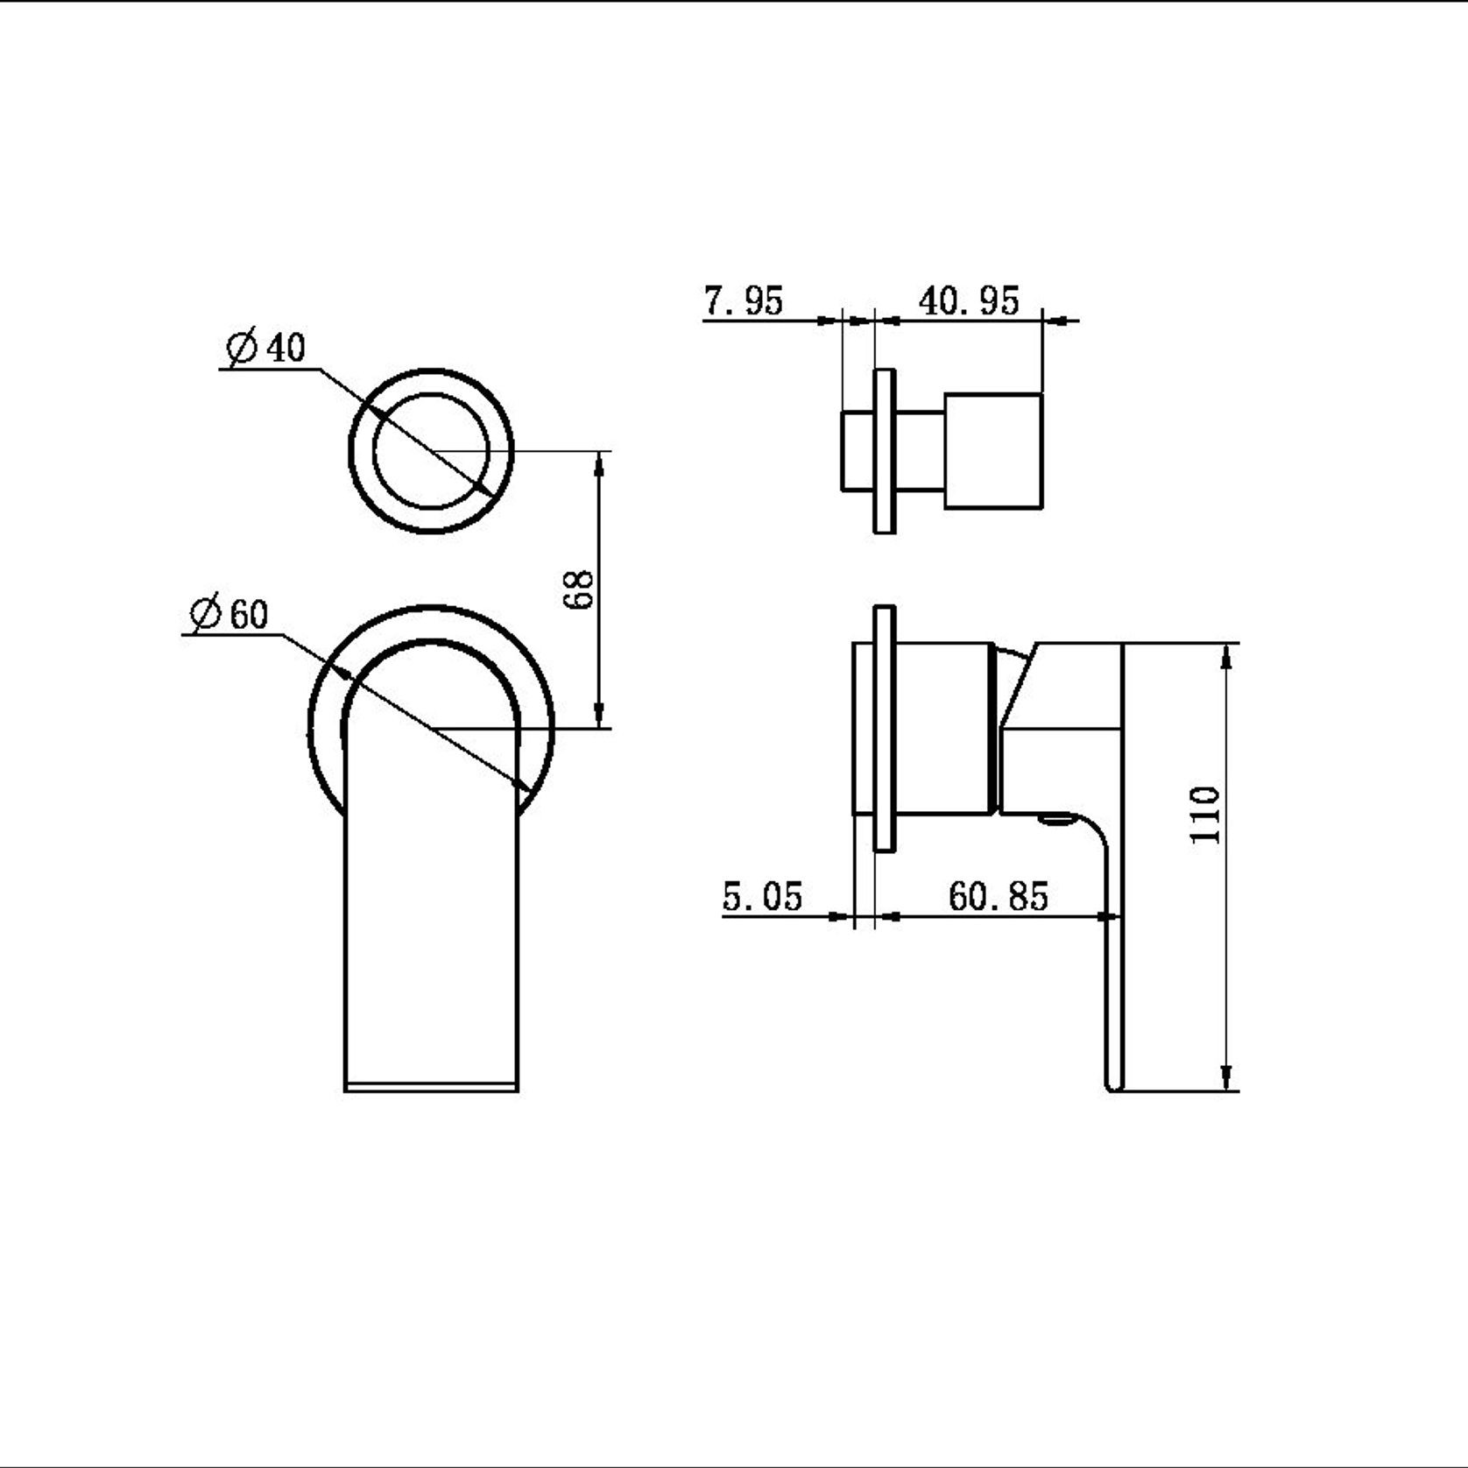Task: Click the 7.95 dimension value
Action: [743, 301]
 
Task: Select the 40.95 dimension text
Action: [969, 301]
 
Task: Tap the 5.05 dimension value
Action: [762, 897]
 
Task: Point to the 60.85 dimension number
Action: [998, 897]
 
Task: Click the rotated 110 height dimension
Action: [1206, 815]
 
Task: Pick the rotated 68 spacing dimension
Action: [581, 589]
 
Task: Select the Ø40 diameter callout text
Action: [266, 348]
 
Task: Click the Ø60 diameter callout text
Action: [229, 614]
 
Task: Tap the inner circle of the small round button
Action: [431, 449]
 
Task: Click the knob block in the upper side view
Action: [993, 451]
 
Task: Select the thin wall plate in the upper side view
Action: [885, 451]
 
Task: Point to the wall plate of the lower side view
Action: [885, 727]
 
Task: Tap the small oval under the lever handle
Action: [1057, 821]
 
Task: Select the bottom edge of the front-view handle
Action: [431, 1088]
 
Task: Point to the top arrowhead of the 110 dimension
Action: [1226, 653]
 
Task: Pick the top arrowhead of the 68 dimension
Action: [599, 462]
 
